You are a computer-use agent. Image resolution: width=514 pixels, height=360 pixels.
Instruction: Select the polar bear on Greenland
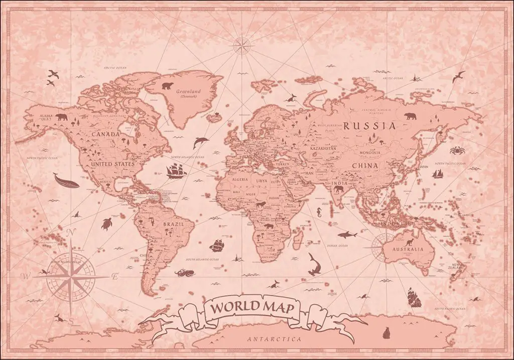point(167,84)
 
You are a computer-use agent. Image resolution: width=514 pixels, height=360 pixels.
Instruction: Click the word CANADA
point(105,135)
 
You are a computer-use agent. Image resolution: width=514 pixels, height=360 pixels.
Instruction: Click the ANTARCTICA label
point(274,339)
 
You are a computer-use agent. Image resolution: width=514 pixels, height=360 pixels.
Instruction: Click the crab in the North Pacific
point(457,150)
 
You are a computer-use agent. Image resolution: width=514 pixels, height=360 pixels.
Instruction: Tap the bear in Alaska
point(62,117)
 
